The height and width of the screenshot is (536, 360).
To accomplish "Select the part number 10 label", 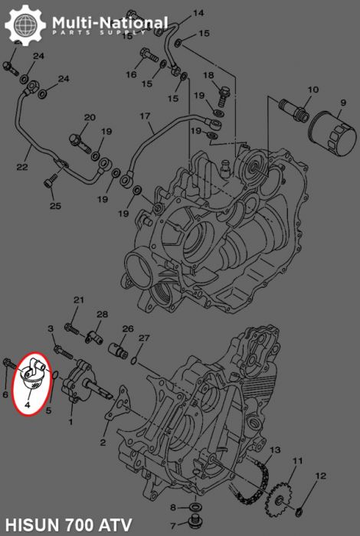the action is coord(313,90).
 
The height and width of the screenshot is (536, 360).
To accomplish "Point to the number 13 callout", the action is coord(274,449).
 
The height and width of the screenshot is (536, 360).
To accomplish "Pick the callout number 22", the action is coord(22,167).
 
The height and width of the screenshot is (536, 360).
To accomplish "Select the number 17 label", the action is coord(145,116).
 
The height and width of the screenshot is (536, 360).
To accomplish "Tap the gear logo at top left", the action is coord(25,25).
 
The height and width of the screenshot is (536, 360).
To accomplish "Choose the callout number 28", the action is coord(102,314).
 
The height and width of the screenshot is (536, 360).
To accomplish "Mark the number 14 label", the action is coord(198,13).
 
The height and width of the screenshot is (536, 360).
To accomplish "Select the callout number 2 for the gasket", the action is coord(103,443).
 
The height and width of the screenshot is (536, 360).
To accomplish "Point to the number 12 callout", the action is coord(320,476).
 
